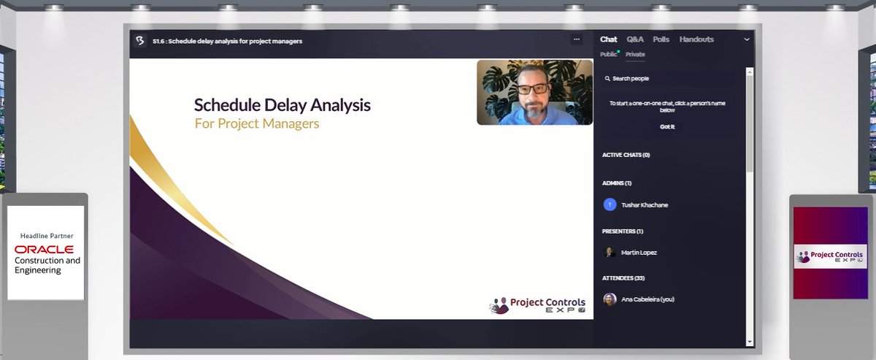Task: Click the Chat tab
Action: (x=608, y=39)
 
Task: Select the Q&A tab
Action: (x=635, y=39)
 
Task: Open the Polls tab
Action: (x=661, y=39)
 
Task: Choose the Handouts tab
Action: (x=696, y=39)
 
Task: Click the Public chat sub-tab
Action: (x=608, y=54)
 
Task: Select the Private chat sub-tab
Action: (x=635, y=54)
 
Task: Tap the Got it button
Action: (x=667, y=126)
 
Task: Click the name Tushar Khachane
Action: (x=644, y=205)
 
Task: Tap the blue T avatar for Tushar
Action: (x=610, y=204)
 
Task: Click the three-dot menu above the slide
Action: (x=577, y=39)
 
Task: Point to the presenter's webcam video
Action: (x=535, y=93)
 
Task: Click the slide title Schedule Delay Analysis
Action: (x=282, y=105)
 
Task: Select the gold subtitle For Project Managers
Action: (x=257, y=123)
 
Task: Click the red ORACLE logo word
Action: (x=44, y=250)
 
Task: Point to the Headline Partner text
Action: (x=47, y=236)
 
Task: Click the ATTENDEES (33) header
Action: (x=623, y=278)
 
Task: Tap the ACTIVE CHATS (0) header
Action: (x=626, y=155)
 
